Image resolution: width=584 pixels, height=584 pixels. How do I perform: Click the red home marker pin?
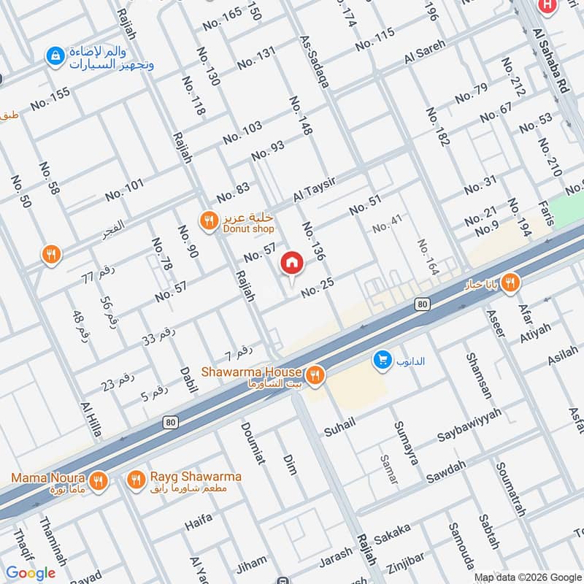coord(292,263)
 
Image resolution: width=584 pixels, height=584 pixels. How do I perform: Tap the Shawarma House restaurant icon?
coord(315,374)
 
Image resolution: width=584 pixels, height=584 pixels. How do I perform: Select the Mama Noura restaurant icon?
coord(100,480)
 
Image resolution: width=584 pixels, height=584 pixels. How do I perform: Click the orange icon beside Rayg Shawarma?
coord(136,480)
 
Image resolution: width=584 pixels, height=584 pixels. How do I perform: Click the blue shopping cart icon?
coord(381,359)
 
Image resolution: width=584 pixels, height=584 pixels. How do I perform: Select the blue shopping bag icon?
coord(55,55)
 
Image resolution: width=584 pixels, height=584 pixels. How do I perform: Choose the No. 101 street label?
coord(124,191)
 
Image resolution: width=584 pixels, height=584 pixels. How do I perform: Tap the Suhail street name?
coord(339,423)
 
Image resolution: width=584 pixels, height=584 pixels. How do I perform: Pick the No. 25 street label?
coord(317,291)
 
